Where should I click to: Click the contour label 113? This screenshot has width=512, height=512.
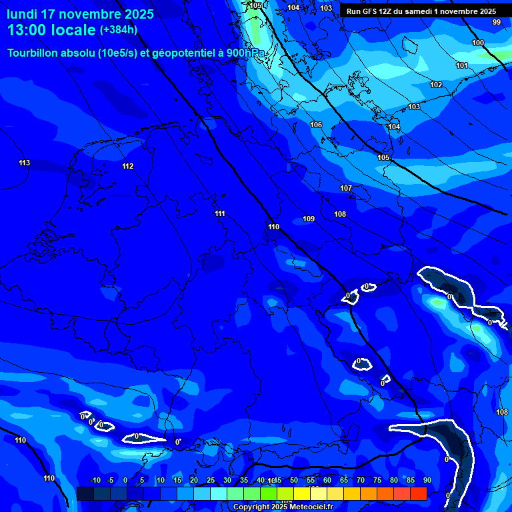tap(25, 163)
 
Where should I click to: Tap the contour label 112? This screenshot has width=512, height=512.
tap(128, 166)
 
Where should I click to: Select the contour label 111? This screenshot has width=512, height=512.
tap(220, 213)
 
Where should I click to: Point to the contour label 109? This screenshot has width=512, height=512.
tap(309, 219)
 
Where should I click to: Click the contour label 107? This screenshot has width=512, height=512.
tap(346, 188)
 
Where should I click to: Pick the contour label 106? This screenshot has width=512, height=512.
tap(316, 125)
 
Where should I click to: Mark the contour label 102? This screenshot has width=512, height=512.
tap(436, 85)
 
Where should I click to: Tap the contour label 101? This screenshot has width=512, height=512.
tap(462, 65)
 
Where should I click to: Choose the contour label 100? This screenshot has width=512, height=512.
tap(478, 43)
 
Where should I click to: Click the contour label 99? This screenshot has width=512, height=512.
tap(497, 22)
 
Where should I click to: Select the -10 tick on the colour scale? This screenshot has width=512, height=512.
tap(95, 480)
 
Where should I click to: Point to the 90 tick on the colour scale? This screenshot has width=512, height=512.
tap(427, 480)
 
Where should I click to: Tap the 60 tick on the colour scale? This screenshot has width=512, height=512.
tap(327, 480)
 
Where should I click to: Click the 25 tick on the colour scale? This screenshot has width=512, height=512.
tap(211, 480)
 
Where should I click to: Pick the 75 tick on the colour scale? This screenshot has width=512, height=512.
tap(377, 480)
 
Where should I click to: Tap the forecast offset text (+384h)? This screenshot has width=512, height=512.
tap(118, 30)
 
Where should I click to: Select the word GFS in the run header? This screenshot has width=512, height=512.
tap(369, 11)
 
